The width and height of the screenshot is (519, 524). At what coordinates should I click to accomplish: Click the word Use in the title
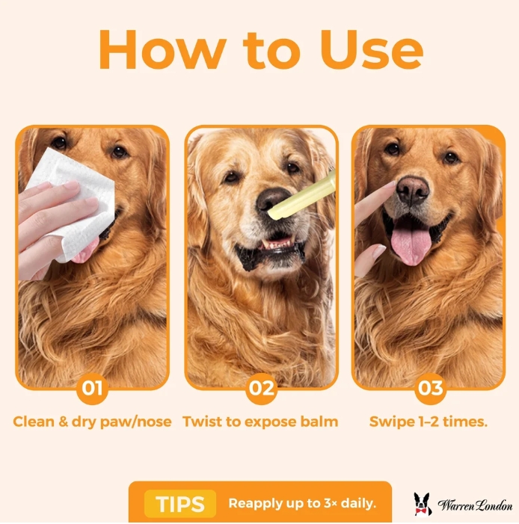coord(372,49)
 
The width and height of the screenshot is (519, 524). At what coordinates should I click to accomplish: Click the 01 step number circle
coord(92,388)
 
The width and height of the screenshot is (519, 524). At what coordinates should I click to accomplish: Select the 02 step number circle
coord(261,388)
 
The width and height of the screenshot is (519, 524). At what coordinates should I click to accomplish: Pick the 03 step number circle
coord(431,388)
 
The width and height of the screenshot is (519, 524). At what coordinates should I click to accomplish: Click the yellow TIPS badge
coord(180,504)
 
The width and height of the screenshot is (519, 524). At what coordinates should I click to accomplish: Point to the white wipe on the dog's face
coord(72,204)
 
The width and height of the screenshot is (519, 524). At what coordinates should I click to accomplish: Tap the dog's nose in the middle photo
coord(271,200)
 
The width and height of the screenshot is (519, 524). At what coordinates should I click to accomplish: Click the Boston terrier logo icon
coord(423,504)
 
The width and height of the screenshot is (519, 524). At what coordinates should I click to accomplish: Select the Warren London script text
coord(475,505)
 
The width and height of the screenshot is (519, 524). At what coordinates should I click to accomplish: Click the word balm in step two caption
coord(319,422)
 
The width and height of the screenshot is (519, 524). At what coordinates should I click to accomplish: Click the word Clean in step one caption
coord(34,422)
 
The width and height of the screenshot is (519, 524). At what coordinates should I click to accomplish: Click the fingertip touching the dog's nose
coord(392,185)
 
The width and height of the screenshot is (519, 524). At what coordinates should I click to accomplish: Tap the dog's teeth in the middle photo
coord(277,243)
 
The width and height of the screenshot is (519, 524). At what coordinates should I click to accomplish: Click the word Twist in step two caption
coord(202,422)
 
